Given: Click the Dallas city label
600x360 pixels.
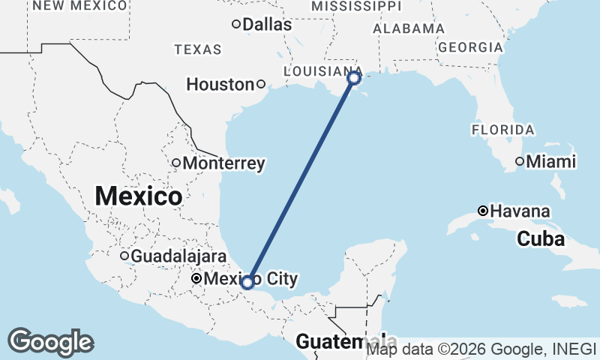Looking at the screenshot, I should point(267,25).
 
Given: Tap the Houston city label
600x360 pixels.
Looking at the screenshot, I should point(220,85).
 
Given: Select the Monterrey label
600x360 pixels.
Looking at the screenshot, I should point(223,163).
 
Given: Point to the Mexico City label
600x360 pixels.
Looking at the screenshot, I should point(250,279).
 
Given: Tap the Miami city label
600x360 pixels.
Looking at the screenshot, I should point(550,161).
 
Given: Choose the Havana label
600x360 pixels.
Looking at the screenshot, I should point(520,211).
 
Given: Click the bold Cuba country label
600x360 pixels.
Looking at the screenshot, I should point(540,240).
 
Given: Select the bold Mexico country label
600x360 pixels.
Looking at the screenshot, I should point(139,196).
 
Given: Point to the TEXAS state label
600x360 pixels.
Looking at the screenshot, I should point(198,50).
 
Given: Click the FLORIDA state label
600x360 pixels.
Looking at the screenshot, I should point(503,130).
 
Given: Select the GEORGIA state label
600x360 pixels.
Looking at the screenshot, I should point(470,46).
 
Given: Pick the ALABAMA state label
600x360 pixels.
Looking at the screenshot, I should point(409,28).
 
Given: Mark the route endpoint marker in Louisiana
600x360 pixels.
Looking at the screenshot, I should point(354,77).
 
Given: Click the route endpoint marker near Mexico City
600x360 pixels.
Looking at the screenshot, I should point(247,283).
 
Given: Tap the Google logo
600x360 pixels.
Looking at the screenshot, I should point(50,342).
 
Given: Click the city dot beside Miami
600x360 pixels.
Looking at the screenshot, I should point(519,161).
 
